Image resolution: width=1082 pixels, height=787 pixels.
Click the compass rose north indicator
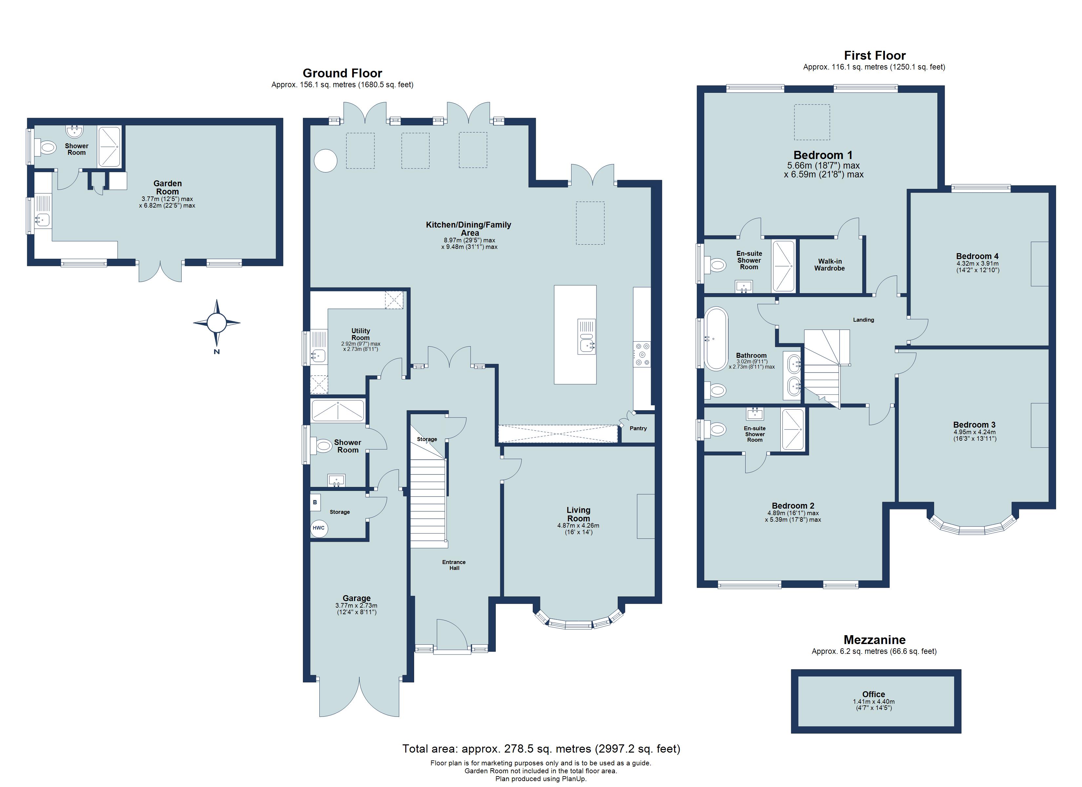[x=217, y=323]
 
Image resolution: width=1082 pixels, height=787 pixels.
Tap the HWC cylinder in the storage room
[x=319, y=528]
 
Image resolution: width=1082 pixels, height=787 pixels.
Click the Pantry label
[x=638, y=428]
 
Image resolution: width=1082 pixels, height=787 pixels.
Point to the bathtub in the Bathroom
[x=716, y=339]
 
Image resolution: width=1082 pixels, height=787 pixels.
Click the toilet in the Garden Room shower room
[x=48, y=148]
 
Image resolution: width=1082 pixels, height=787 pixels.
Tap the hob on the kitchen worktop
[x=642, y=354]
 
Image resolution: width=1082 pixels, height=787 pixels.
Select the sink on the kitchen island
[x=586, y=336]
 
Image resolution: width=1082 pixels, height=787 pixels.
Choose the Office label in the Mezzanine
[x=873, y=695]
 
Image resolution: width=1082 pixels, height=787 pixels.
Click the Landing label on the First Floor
[x=863, y=320]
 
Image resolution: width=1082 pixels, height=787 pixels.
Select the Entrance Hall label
[x=454, y=565]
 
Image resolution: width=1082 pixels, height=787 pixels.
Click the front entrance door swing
[x=451, y=635]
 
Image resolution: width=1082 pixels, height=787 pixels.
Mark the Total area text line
[x=541, y=748]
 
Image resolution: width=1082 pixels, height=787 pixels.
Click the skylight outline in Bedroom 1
[x=811, y=122]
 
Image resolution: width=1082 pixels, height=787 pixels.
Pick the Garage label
[x=356, y=598]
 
